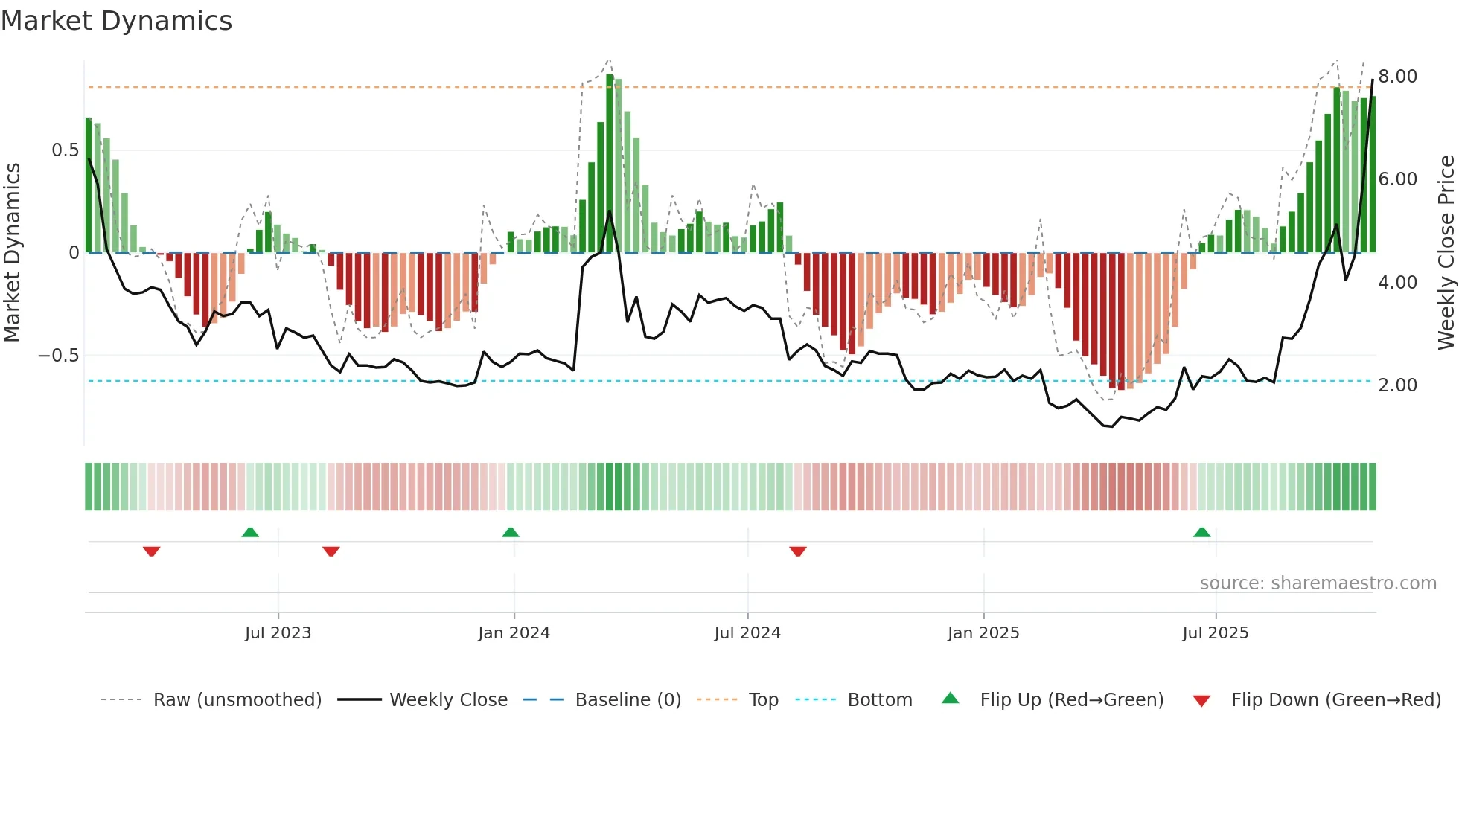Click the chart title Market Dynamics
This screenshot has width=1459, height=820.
[x=116, y=21]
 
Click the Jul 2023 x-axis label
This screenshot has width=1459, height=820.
[x=278, y=633]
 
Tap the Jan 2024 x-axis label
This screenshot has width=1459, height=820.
[x=514, y=633]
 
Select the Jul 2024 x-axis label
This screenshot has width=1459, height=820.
[x=747, y=633]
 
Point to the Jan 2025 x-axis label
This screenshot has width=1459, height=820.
[x=983, y=633]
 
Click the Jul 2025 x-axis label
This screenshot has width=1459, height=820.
[x=1216, y=633]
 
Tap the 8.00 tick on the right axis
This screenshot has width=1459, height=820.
[x=1397, y=77]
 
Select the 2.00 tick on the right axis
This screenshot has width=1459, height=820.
[x=1397, y=385]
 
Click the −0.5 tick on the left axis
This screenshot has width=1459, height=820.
[x=59, y=356]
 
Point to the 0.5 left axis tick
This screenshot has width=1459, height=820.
[x=65, y=150]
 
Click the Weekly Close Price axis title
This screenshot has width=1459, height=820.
[x=1446, y=252]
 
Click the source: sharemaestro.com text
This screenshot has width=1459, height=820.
[x=1318, y=583]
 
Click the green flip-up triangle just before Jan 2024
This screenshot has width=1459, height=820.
[x=511, y=533]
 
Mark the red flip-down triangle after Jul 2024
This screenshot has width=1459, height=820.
[x=798, y=551]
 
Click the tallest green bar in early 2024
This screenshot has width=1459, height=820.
[x=610, y=164]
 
